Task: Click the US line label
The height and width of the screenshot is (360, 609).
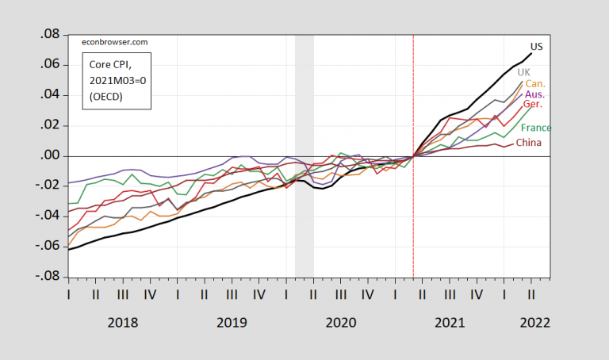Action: [x=536, y=46]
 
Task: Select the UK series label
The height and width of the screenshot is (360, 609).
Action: [x=523, y=72]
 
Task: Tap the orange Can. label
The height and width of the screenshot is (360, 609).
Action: [x=535, y=83]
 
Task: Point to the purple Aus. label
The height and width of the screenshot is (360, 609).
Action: [x=535, y=94]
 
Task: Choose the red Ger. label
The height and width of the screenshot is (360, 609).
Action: [x=533, y=105]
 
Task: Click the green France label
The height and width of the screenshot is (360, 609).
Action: [x=536, y=128]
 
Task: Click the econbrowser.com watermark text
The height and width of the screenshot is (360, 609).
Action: [x=115, y=42]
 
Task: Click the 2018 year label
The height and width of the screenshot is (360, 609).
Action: [x=122, y=323]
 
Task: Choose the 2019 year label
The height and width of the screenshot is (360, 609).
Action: [x=232, y=323]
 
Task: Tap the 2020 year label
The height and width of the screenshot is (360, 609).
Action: [x=341, y=323]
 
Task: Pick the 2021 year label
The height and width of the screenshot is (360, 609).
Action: [x=450, y=323]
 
